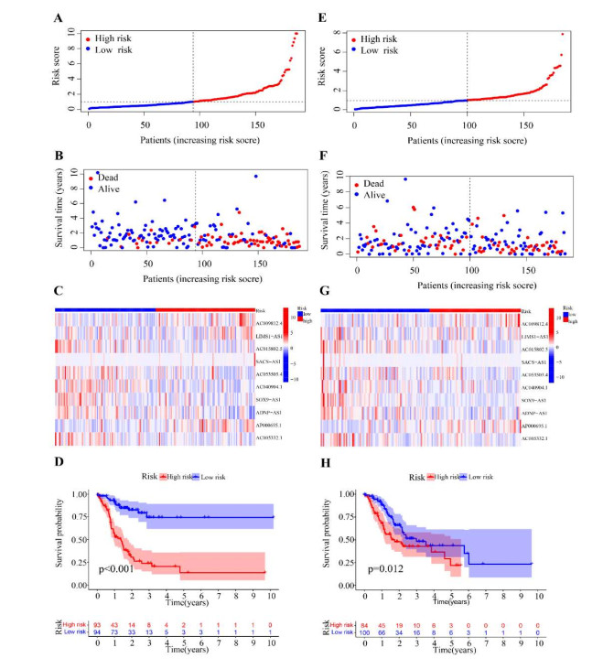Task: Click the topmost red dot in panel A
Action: pyautogui.click(x=296, y=33)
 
